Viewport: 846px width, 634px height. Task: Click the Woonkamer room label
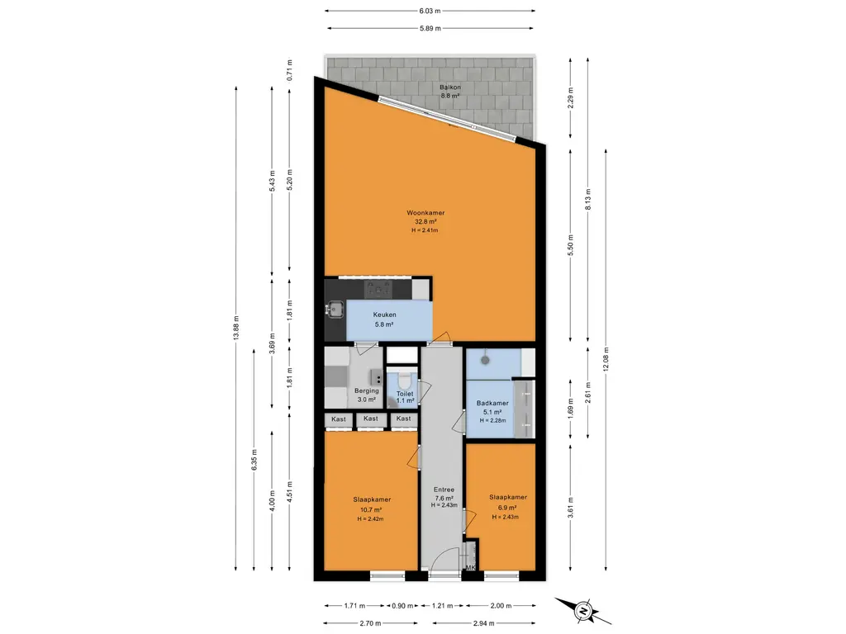click(425, 213)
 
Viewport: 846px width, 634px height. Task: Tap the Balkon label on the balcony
click(450, 87)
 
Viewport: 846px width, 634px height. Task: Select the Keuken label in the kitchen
click(385, 315)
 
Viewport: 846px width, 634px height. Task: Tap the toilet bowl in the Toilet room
click(403, 381)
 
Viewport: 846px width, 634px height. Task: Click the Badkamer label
click(492, 403)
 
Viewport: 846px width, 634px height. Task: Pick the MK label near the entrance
click(470, 568)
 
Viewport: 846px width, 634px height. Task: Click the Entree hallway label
click(444, 490)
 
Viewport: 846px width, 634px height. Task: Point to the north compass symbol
click(583, 611)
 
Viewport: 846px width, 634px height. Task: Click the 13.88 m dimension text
click(235, 329)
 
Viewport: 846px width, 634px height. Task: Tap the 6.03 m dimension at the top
click(430, 10)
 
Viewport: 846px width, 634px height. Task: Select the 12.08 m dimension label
click(606, 359)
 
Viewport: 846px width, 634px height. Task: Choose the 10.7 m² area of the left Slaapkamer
click(371, 509)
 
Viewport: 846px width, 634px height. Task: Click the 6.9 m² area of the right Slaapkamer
click(507, 508)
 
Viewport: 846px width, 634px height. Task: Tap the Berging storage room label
click(366, 390)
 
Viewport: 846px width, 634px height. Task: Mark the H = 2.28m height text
click(492, 420)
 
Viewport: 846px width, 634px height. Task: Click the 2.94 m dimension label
click(483, 624)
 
